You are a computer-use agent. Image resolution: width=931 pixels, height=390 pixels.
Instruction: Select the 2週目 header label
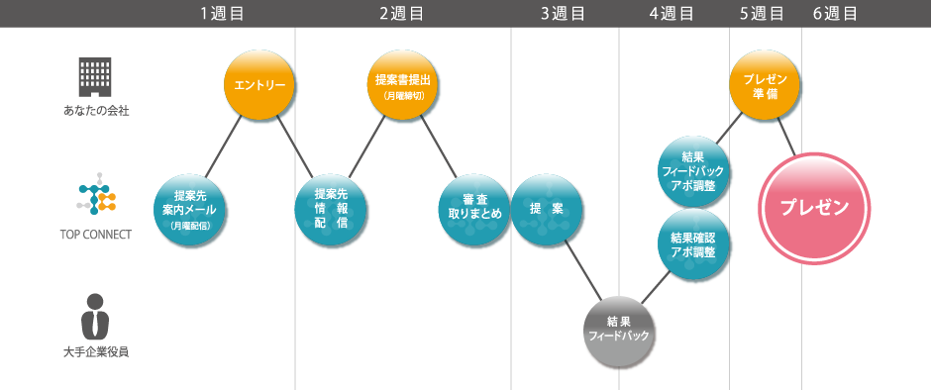[x=401, y=13]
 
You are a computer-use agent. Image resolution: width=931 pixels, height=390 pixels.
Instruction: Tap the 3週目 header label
[x=563, y=13]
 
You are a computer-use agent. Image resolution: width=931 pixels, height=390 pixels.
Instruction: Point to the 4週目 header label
[x=672, y=13]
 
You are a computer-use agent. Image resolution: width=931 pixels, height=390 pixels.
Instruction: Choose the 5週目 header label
[x=762, y=13]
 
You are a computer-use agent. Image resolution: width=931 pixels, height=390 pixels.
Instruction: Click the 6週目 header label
[x=834, y=13]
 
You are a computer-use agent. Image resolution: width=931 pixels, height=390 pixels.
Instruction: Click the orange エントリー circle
[x=259, y=86]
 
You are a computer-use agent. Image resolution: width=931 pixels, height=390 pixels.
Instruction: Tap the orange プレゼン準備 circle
[x=765, y=86]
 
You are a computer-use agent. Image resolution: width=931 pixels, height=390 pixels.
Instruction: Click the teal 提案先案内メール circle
[x=189, y=211]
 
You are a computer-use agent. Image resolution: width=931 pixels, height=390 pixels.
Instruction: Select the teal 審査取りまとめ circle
[x=474, y=209]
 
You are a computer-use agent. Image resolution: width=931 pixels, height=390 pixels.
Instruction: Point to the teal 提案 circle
[x=546, y=209]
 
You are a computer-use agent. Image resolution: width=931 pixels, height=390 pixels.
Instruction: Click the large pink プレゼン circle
[x=814, y=208]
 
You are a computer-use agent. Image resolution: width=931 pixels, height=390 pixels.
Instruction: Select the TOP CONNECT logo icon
[x=96, y=198]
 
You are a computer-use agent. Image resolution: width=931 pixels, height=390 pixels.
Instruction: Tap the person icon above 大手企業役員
[x=95, y=316]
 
